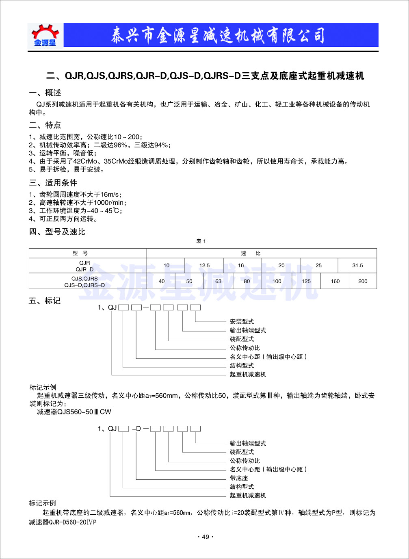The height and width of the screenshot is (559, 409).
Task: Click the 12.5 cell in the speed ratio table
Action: click(x=204, y=266)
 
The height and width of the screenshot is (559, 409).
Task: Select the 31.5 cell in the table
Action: click(x=357, y=266)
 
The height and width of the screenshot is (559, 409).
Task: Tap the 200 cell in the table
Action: click(x=363, y=281)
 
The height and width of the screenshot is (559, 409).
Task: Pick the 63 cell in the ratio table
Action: click(x=219, y=281)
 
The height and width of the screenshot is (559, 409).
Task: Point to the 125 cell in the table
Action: click(x=306, y=281)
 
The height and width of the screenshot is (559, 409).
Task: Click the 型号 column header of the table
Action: click(x=80, y=253)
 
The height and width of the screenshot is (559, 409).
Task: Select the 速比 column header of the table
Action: click(x=250, y=253)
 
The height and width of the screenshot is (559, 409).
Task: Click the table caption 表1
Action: click(x=201, y=241)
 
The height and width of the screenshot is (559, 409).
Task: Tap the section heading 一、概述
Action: click(x=45, y=93)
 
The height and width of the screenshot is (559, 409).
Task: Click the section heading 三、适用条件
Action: click(x=53, y=183)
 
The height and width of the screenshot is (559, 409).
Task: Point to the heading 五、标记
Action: click(x=45, y=301)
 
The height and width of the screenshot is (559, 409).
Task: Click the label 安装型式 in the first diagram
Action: click(x=242, y=322)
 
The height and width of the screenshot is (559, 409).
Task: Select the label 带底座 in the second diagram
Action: click(x=239, y=478)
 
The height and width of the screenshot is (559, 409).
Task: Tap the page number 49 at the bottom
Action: click(x=206, y=537)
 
